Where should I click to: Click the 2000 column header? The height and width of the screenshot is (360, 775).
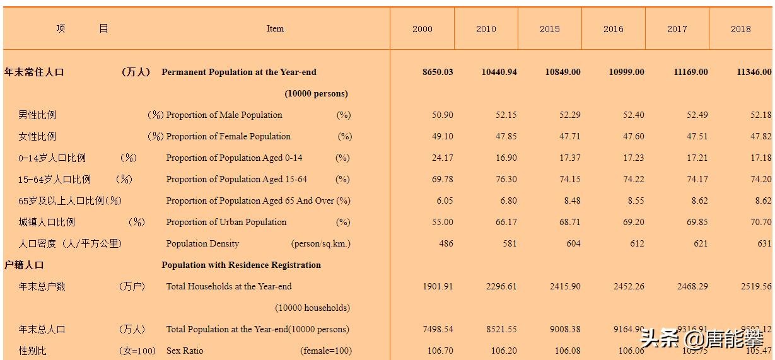point(422,29)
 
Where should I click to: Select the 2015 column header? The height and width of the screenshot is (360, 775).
point(549,29)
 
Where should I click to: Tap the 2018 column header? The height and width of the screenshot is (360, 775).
point(740,29)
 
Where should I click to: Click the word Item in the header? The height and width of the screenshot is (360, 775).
point(275,28)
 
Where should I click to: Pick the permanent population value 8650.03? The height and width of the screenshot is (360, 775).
point(438,72)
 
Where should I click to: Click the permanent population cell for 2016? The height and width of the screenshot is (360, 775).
point(626,72)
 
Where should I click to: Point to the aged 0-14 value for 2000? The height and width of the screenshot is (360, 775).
point(442,158)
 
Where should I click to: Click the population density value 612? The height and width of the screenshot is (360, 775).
point(637,243)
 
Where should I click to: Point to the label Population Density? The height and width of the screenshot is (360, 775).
point(202,243)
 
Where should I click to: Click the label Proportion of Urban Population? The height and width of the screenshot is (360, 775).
point(226,222)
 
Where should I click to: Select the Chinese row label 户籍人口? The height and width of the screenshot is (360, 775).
point(24,265)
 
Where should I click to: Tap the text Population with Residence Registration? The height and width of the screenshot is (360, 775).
point(241,265)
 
